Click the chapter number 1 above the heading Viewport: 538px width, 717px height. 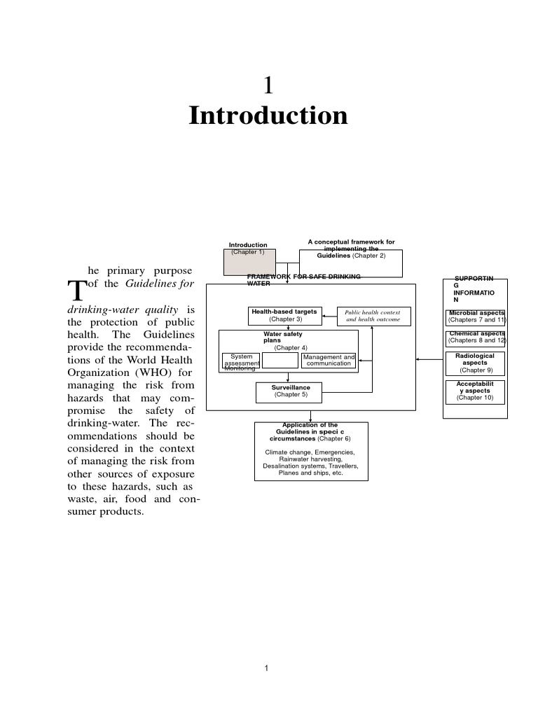point(268,85)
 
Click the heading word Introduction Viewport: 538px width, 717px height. point(268,116)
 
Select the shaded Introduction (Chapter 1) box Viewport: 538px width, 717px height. point(249,263)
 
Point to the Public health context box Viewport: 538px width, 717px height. point(373,316)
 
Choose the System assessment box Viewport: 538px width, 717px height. point(241,360)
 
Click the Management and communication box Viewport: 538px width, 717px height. point(329,360)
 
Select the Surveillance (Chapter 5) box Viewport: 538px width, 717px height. point(291,391)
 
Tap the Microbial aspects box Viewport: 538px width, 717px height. point(476,317)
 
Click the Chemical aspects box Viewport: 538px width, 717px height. point(476,338)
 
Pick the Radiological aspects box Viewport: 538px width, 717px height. point(476,363)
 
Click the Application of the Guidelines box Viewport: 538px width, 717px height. point(310,450)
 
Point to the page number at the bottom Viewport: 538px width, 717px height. point(267,669)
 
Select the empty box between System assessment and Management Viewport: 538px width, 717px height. point(280,360)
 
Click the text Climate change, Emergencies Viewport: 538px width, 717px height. point(310,452)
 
